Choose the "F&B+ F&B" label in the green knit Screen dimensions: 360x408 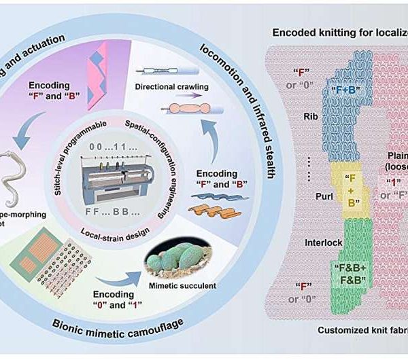coord(346,274)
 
